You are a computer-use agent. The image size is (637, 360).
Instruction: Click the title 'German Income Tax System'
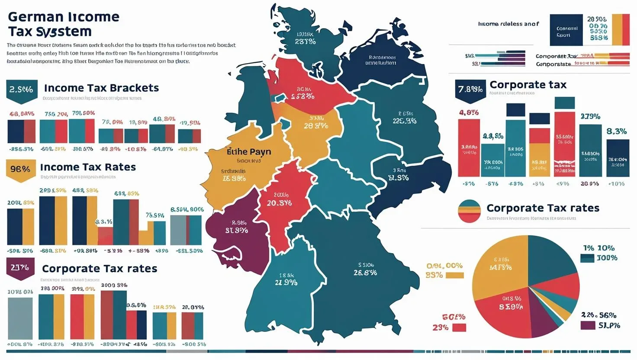point(63,24)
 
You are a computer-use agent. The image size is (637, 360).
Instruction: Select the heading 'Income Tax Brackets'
point(101,88)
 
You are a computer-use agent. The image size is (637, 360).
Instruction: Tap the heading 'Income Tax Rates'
point(88,167)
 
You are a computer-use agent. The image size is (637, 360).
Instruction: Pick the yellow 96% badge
point(20,169)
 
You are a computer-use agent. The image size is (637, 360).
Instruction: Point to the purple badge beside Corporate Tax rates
point(20,268)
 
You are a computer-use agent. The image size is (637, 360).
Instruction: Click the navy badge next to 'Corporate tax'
point(470,90)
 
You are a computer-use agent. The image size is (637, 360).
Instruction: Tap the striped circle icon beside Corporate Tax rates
point(469,211)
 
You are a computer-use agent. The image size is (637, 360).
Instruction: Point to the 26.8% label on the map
point(365,273)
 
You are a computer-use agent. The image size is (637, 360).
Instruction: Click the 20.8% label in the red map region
point(279,202)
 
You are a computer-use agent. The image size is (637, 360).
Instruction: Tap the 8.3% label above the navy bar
point(617,131)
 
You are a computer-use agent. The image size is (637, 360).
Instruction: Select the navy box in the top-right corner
point(566,30)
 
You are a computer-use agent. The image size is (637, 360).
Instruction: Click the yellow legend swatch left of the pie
point(454,275)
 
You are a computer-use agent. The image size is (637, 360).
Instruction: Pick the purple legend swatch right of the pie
point(587,325)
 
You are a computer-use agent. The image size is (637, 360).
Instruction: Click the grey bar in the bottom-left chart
point(20,318)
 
